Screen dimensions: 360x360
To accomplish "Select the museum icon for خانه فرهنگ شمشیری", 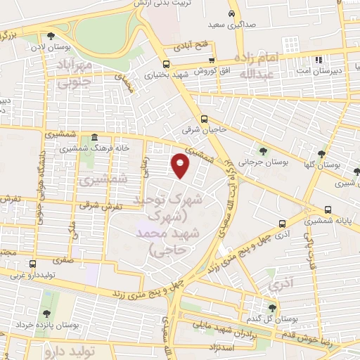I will pos(94,139).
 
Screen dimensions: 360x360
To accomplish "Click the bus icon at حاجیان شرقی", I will pos(205,119).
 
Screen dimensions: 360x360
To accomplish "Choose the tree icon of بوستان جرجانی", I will pos(262,150).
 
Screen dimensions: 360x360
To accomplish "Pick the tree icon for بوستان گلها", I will pos(321,153).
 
